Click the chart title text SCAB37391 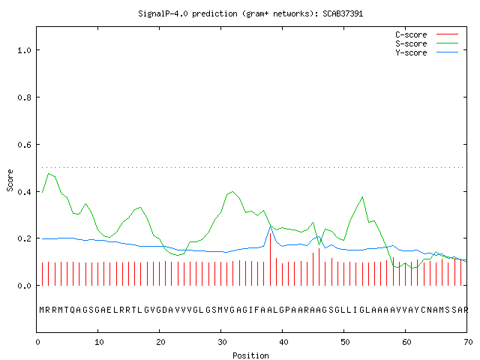(343, 13)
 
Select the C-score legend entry (427, 34)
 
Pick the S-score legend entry (427, 43)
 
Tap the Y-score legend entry (427, 52)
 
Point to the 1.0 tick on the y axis (24, 50)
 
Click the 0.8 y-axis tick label (24, 97)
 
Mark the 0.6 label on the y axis (24, 145)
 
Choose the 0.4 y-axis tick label (24, 192)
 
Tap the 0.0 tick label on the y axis (24, 286)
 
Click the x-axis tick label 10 (99, 342)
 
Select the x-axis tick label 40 (283, 342)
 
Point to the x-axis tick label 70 (468, 342)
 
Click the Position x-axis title (250, 355)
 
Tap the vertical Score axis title (10, 180)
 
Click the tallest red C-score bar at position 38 (270, 259)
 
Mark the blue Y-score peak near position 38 (271, 226)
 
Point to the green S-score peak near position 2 (48, 173)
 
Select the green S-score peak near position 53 (363, 196)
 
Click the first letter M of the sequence (42, 310)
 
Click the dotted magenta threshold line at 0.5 (252, 167)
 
